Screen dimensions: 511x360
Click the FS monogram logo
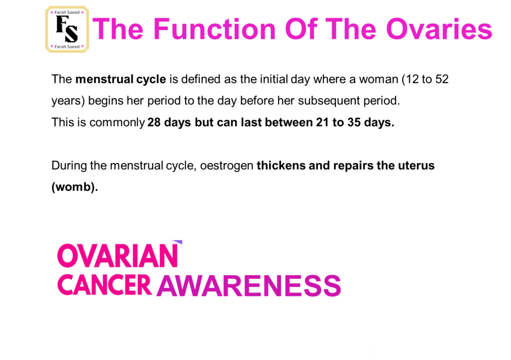(x=67, y=29)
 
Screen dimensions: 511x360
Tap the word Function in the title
(x=215, y=29)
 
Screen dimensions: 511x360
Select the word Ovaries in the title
(x=439, y=29)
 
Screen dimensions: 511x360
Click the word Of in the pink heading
(x=301, y=29)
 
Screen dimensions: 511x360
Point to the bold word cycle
(x=151, y=80)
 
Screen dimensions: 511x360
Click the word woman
(x=378, y=79)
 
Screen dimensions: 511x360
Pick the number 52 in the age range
(x=442, y=79)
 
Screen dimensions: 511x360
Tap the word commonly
(x=117, y=123)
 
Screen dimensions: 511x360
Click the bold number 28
(x=154, y=122)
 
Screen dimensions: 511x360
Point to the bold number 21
(x=322, y=122)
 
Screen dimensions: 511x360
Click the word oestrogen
(x=227, y=166)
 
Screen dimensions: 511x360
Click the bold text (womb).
(x=75, y=187)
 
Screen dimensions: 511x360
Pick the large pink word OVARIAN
(x=117, y=256)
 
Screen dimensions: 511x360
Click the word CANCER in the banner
(x=104, y=285)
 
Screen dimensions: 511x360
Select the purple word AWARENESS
(x=249, y=286)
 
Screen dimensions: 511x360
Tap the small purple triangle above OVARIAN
(x=179, y=242)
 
